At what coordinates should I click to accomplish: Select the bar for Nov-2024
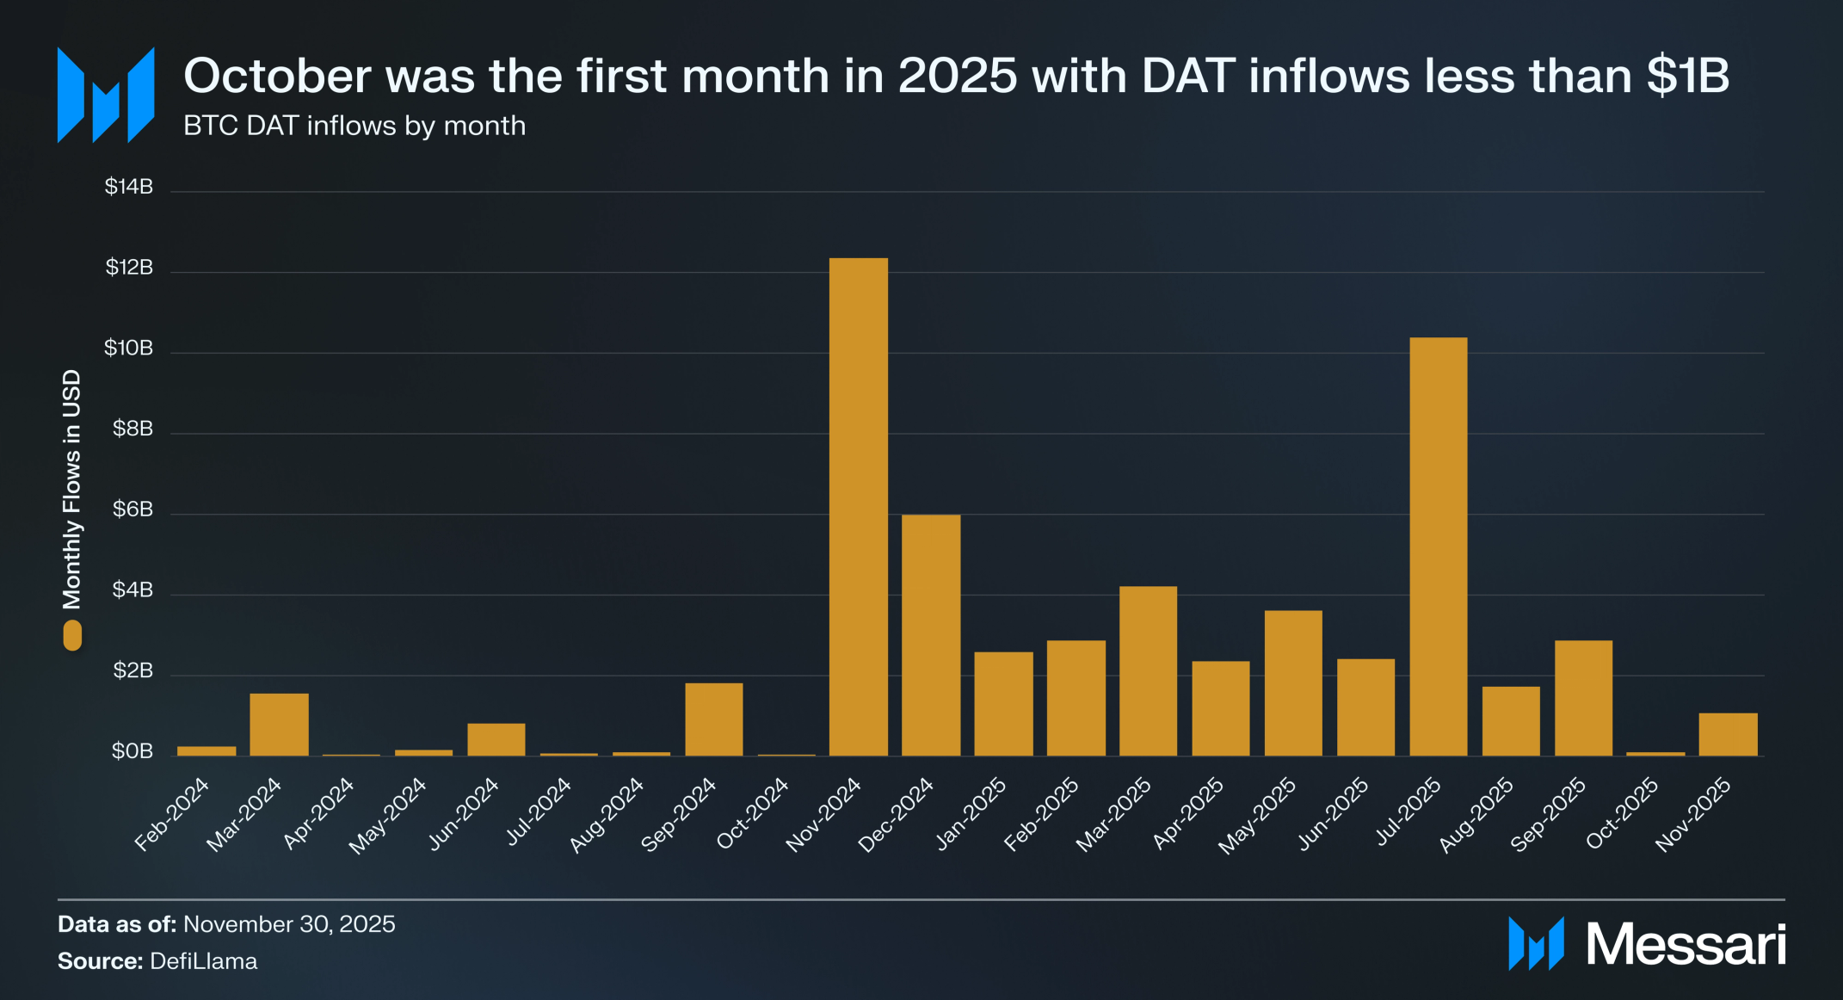point(858,507)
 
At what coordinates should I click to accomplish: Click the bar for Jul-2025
point(1438,546)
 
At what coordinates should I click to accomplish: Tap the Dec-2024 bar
point(931,635)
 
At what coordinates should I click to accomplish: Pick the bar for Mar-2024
point(279,725)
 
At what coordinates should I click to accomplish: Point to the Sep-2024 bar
point(713,719)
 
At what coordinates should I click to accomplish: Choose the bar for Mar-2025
point(1148,671)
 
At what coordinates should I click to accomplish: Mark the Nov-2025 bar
point(1728,734)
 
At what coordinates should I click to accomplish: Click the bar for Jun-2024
point(496,739)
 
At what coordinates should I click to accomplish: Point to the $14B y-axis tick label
point(129,187)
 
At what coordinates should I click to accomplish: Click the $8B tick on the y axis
point(133,429)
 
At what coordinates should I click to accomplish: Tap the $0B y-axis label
point(133,751)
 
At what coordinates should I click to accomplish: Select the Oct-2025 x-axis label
point(1623,812)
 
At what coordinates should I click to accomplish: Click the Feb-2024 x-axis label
point(172,814)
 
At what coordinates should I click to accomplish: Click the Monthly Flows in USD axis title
point(71,489)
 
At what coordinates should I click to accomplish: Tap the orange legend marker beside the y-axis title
point(72,636)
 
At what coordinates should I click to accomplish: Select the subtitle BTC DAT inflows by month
point(354,126)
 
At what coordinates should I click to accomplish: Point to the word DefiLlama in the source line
point(204,961)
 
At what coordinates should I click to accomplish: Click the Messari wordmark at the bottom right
point(1686,944)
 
